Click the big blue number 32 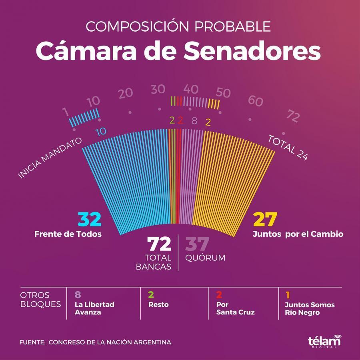point(89,220)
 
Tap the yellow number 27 point(265,220)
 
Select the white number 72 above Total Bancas point(159,244)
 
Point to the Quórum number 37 point(197,244)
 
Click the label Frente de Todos point(68,234)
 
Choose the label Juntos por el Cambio point(298,234)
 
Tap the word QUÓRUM point(205,258)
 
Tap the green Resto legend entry point(158,304)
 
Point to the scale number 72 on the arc point(293,117)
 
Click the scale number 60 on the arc point(256,101)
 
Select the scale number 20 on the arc point(126,93)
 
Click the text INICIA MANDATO point(50,158)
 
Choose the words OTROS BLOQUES point(40,300)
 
